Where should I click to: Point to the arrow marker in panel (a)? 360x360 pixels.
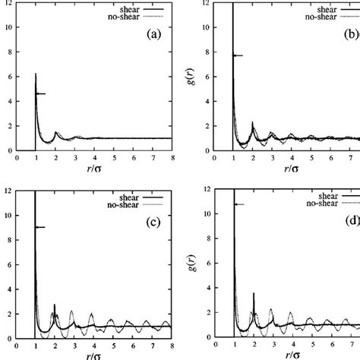pyautogui.click(x=40, y=93)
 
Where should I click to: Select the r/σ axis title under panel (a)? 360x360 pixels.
pyautogui.click(x=94, y=170)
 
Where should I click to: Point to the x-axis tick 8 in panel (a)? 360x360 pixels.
pyautogui.click(x=172, y=159)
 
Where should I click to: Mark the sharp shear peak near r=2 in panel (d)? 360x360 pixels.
pyautogui.click(x=254, y=294)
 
